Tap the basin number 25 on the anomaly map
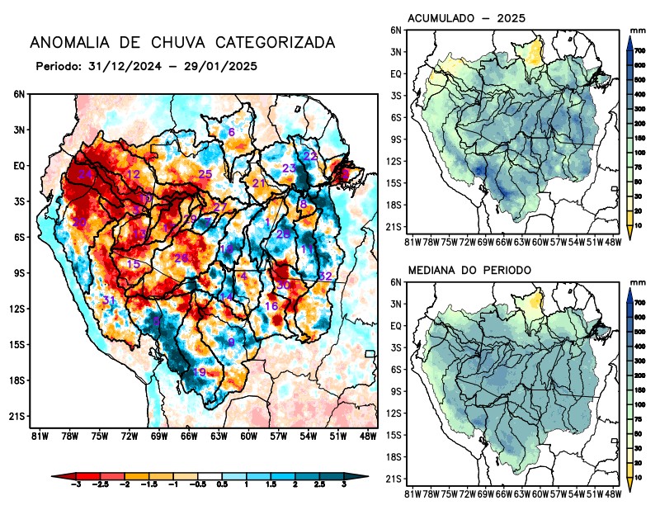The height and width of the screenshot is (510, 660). (205, 174)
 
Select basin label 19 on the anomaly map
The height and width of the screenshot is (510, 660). (199, 372)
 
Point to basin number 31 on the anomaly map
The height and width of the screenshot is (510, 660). (108, 300)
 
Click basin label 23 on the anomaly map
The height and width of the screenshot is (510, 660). (290, 168)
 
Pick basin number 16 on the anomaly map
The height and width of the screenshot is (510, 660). (271, 306)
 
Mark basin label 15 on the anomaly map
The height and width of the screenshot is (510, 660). (133, 264)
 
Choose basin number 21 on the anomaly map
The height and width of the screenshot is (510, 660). (259, 183)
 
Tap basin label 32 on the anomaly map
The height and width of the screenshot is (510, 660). (325, 276)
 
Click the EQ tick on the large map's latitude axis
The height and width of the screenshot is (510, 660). (19, 165)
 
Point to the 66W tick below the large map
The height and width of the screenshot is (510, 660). (188, 435)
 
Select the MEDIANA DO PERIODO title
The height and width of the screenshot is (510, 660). (469, 270)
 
